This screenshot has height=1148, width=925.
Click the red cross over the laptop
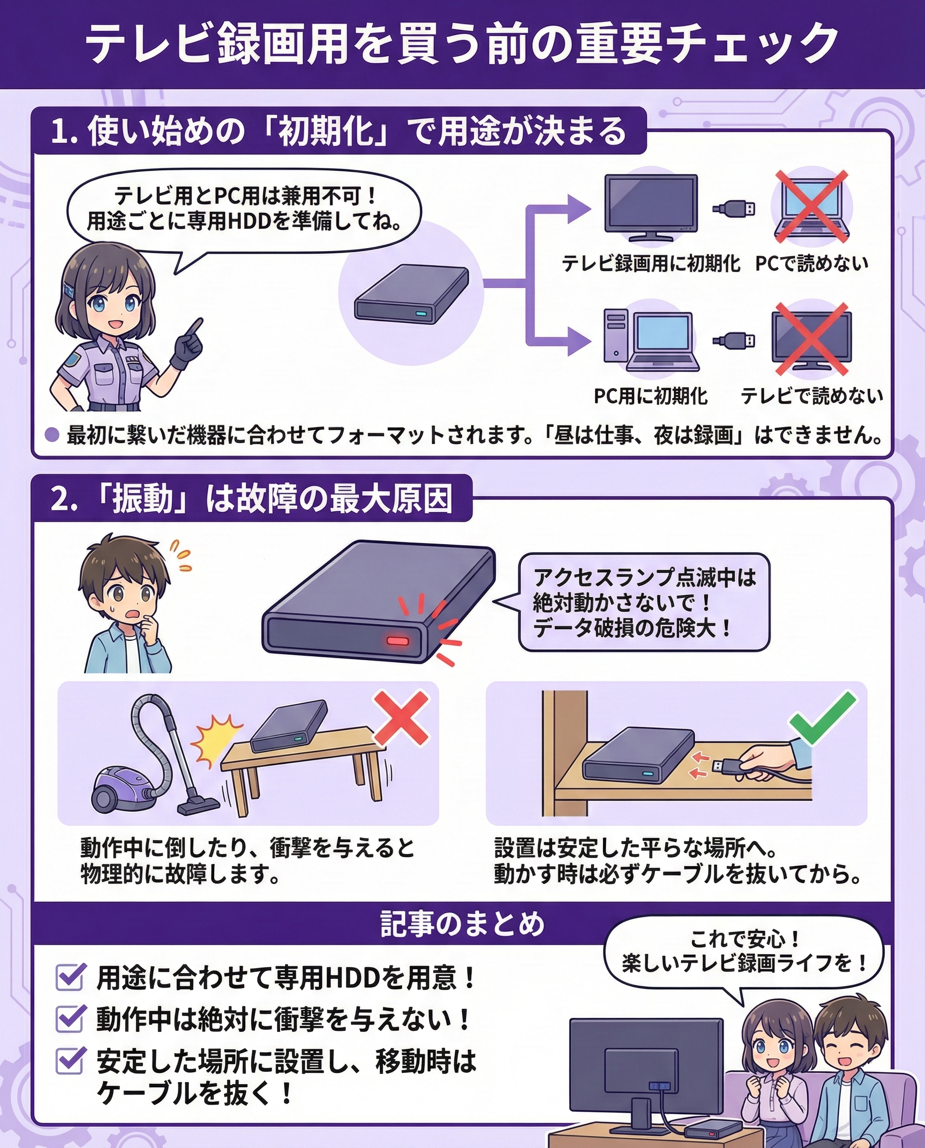pos(811,206)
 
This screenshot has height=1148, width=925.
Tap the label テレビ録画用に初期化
pos(650,263)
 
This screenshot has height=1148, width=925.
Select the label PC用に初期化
pos(650,396)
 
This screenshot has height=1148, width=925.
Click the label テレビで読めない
pos(811,395)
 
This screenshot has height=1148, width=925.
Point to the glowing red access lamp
pos(398,641)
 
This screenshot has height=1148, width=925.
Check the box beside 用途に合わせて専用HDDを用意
pos(70,977)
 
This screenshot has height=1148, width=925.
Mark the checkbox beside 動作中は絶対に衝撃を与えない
pos(70,1018)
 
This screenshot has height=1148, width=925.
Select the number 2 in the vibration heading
pos(59,499)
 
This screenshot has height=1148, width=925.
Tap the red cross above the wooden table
pos(401,717)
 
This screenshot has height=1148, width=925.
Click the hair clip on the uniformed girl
pos(69,289)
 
